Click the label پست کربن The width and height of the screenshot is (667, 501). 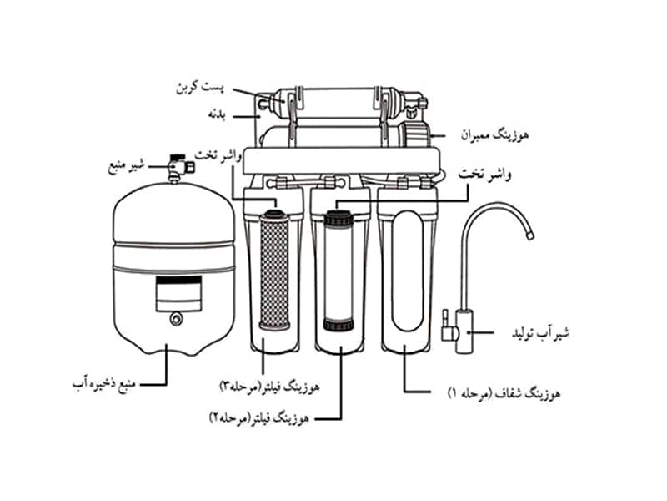(200, 88)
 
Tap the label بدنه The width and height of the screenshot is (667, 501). (217, 114)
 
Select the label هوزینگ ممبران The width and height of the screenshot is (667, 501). (494, 136)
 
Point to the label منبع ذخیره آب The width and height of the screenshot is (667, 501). (104, 384)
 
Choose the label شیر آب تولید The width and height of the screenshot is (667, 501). (540, 333)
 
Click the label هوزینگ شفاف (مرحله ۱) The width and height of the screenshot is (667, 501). (504, 393)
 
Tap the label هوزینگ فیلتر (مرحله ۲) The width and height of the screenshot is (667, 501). (259, 418)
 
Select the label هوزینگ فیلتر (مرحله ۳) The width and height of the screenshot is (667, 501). (269, 387)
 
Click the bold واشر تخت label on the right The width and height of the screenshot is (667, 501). (485, 175)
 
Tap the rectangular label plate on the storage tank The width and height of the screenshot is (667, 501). (178, 294)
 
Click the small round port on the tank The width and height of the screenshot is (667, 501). (176, 319)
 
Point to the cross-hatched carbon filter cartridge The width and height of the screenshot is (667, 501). (274, 274)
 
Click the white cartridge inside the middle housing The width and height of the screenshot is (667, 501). (339, 271)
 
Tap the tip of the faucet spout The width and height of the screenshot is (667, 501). (530, 235)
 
